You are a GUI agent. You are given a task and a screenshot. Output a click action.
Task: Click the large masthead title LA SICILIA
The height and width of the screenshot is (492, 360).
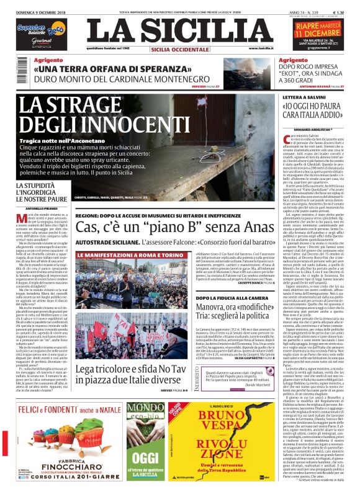click(x=179, y=30)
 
